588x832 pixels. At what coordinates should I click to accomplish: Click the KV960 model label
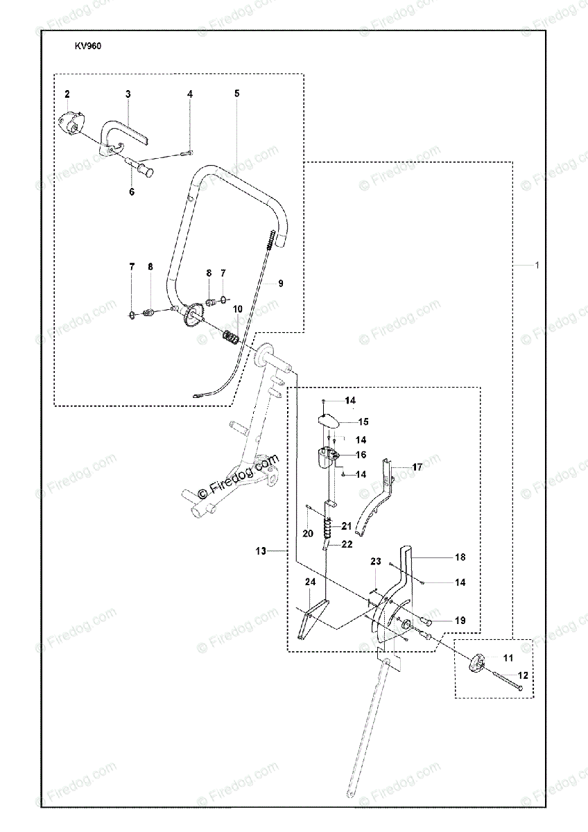click(x=87, y=48)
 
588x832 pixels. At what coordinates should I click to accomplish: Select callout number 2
click(x=67, y=93)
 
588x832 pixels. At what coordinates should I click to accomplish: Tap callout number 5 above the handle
click(x=236, y=93)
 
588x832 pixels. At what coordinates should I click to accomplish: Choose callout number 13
click(x=261, y=551)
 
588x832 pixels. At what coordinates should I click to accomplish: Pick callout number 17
click(x=417, y=467)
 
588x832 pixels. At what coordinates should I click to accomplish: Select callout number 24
click(x=310, y=582)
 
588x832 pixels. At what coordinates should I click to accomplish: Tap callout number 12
click(x=523, y=675)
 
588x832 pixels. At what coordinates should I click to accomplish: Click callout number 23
click(x=376, y=561)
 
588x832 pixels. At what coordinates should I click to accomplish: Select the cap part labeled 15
click(x=329, y=421)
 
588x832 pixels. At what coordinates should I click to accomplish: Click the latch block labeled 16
click(x=327, y=458)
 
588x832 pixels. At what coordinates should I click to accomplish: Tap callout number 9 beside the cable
click(x=280, y=283)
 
